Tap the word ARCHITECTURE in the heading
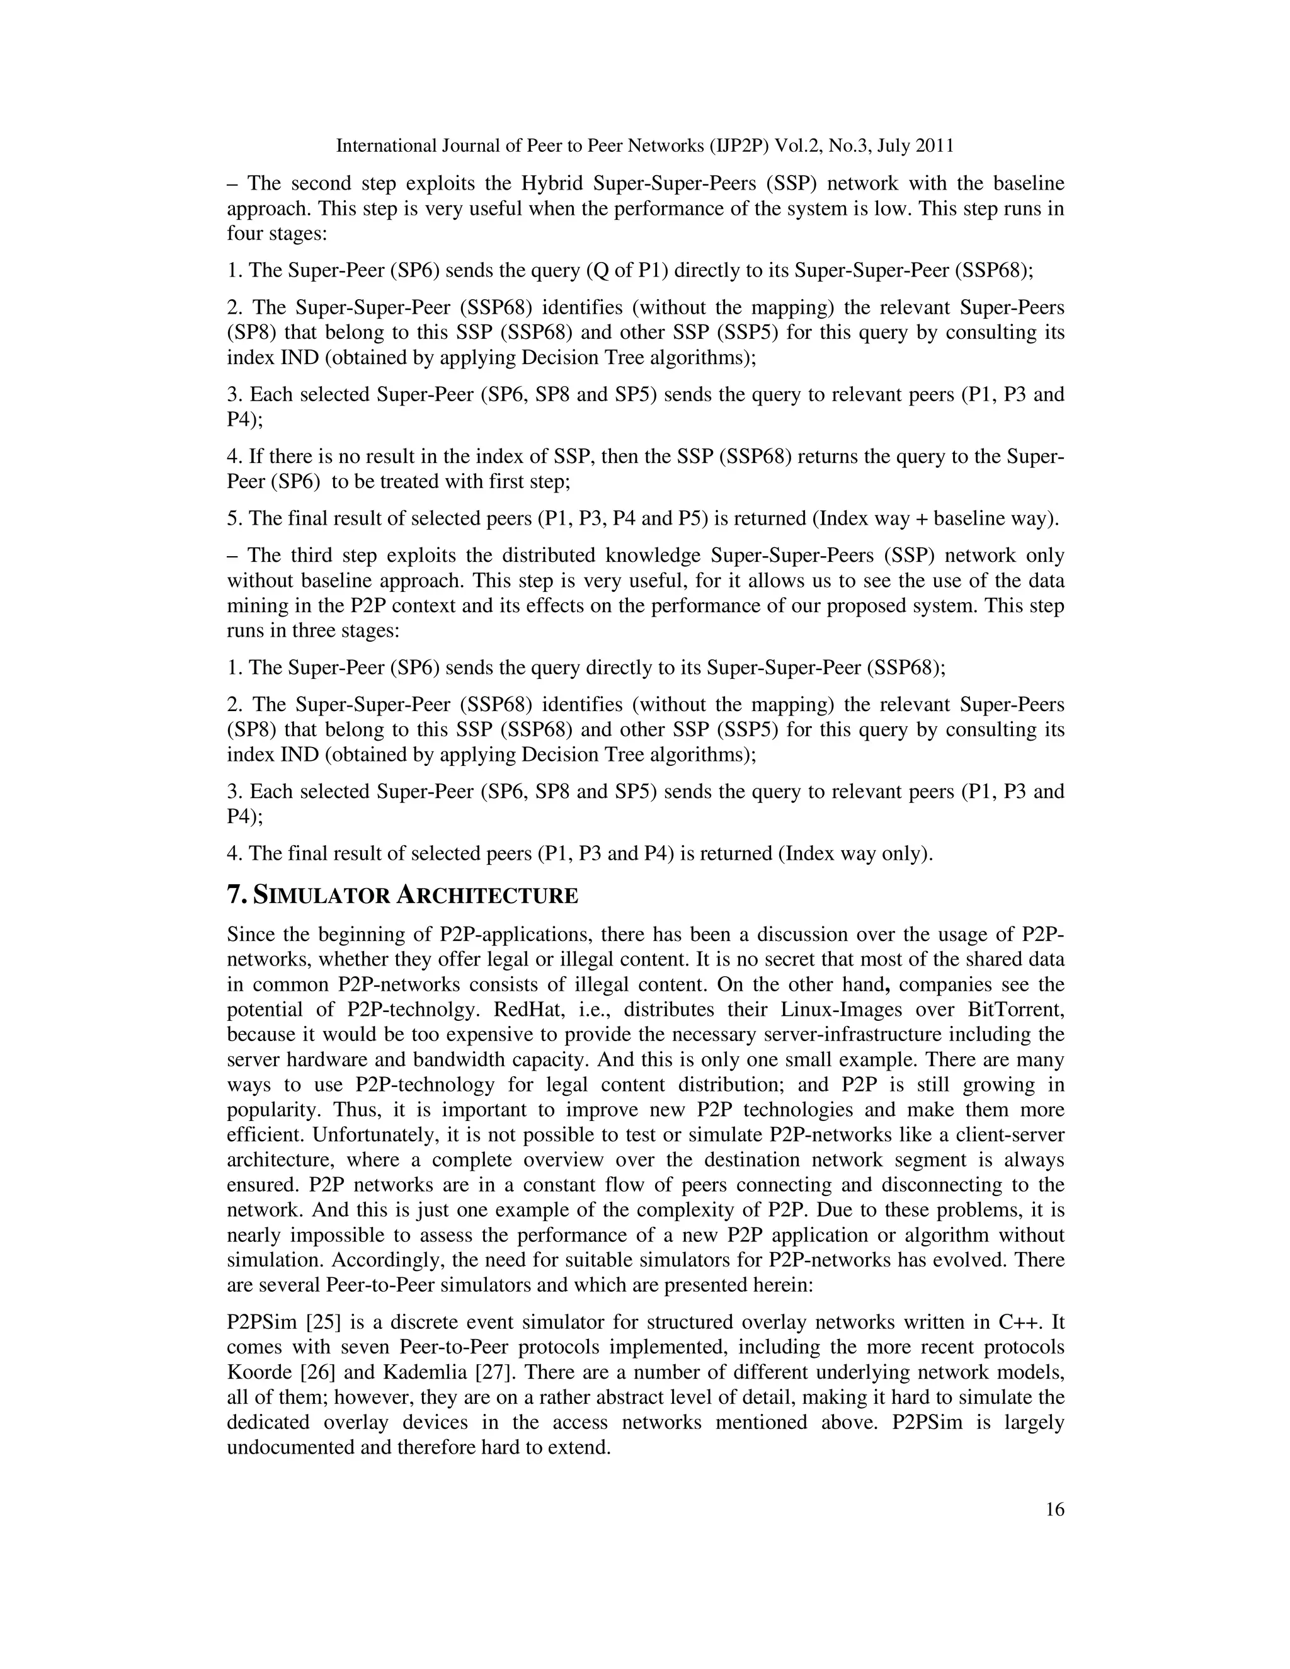[487, 895]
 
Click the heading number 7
[234, 895]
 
